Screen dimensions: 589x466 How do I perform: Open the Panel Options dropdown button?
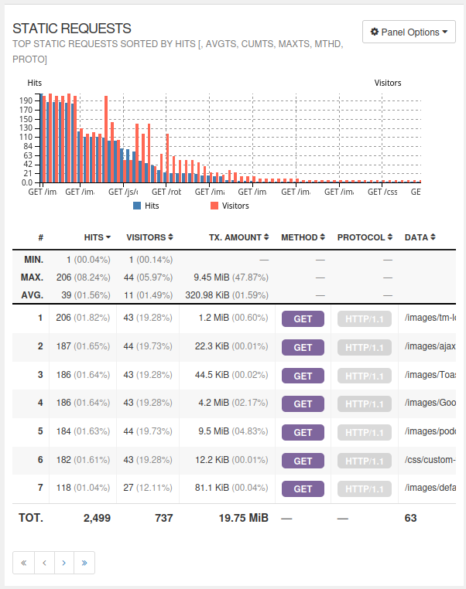409,32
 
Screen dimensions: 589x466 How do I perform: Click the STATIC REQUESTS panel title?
72,29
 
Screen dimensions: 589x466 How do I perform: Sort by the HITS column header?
97,237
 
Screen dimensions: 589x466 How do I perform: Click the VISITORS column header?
149,237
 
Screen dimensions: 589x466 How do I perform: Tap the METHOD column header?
303,237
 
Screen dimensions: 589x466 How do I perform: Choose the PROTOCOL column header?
365,237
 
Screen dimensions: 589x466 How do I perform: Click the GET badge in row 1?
303,318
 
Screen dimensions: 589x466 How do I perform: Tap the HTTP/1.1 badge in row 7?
364,489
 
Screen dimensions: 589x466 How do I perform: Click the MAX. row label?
33,277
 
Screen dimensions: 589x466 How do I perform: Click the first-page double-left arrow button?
23,563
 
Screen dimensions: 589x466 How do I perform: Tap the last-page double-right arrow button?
84,563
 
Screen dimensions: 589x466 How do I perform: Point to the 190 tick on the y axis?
26,100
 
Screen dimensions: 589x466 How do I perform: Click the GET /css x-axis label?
382,192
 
